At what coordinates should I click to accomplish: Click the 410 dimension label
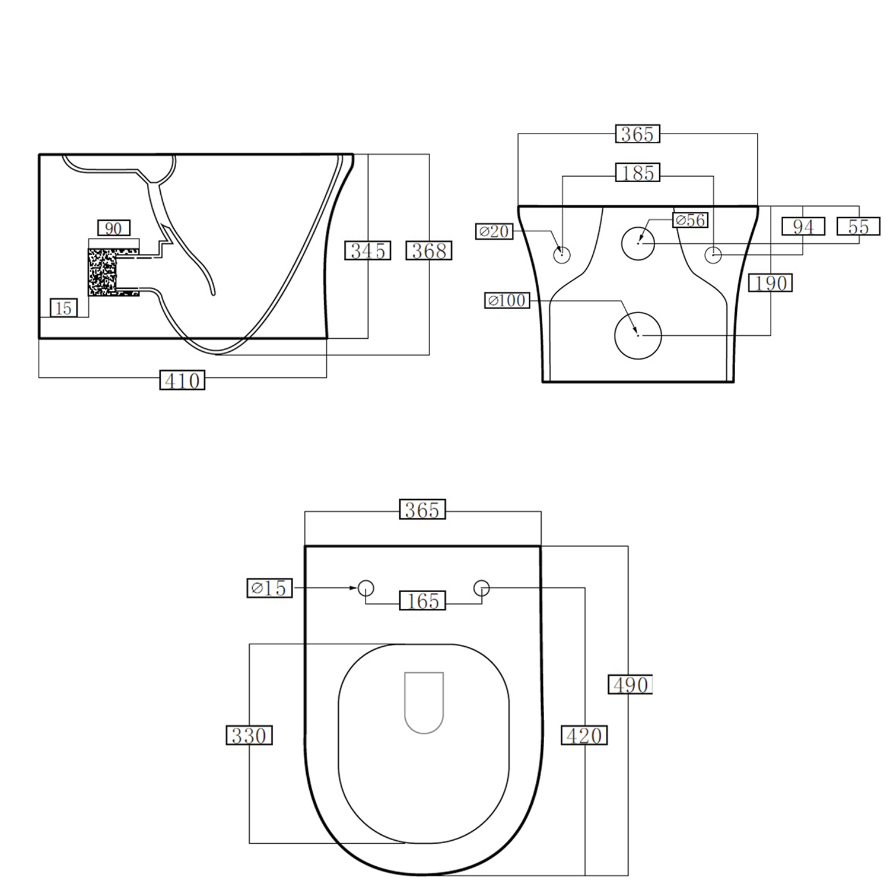(x=182, y=380)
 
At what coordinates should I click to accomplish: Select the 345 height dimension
(x=367, y=250)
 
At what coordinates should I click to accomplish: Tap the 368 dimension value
(x=428, y=250)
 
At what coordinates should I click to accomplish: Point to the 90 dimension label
(x=113, y=228)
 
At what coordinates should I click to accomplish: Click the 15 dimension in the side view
(x=63, y=308)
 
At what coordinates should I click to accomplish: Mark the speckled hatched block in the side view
(x=102, y=272)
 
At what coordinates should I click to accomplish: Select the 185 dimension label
(x=637, y=173)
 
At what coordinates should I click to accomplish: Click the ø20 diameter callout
(x=494, y=231)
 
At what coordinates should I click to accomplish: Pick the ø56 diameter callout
(x=691, y=220)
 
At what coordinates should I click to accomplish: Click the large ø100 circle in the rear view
(x=638, y=335)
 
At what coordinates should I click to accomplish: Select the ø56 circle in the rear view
(x=638, y=243)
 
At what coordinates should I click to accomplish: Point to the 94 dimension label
(x=803, y=227)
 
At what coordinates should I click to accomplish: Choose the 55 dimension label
(x=858, y=227)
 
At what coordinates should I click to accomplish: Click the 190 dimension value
(x=770, y=283)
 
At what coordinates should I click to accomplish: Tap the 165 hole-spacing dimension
(x=422, y=600)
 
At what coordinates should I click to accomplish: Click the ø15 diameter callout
(x=269, y=588)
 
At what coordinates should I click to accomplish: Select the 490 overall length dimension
(x=630, y=685)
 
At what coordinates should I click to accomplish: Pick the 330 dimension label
(x=249, y=736)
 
